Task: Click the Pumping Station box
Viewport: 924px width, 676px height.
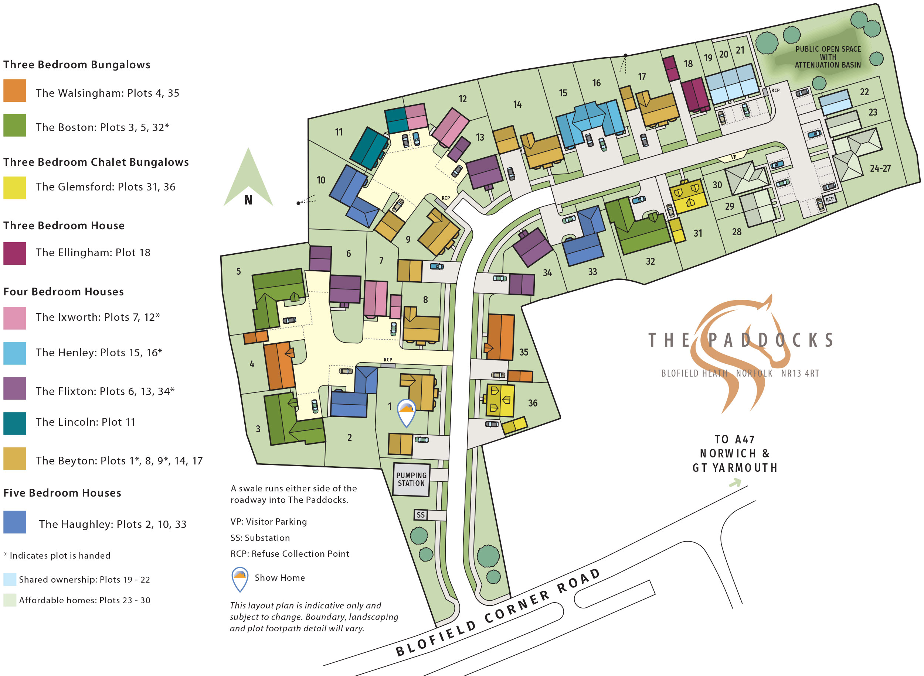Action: click(411, 479)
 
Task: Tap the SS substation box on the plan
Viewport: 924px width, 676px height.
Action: click(421, 515)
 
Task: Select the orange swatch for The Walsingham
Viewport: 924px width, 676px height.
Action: click(15, 90)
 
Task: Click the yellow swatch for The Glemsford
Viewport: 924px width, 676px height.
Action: click(15, 188)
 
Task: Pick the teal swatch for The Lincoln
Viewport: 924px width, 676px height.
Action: click(15, 423)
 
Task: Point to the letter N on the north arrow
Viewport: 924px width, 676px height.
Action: click(248, 200)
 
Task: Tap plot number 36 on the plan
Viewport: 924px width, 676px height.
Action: click(533, 403)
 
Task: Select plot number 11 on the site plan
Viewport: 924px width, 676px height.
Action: click(339, 132)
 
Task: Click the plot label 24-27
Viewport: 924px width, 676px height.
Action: click(880, 168)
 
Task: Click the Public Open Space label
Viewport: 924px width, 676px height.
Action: click(828, 57)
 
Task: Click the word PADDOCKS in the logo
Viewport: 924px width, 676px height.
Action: click(770, 340)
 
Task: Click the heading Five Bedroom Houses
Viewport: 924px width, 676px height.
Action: click(62, 493)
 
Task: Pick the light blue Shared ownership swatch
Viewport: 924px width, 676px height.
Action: click(10, 579)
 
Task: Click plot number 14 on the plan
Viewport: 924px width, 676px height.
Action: click(517, 105)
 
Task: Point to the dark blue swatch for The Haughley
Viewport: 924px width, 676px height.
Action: click(15, 522)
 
